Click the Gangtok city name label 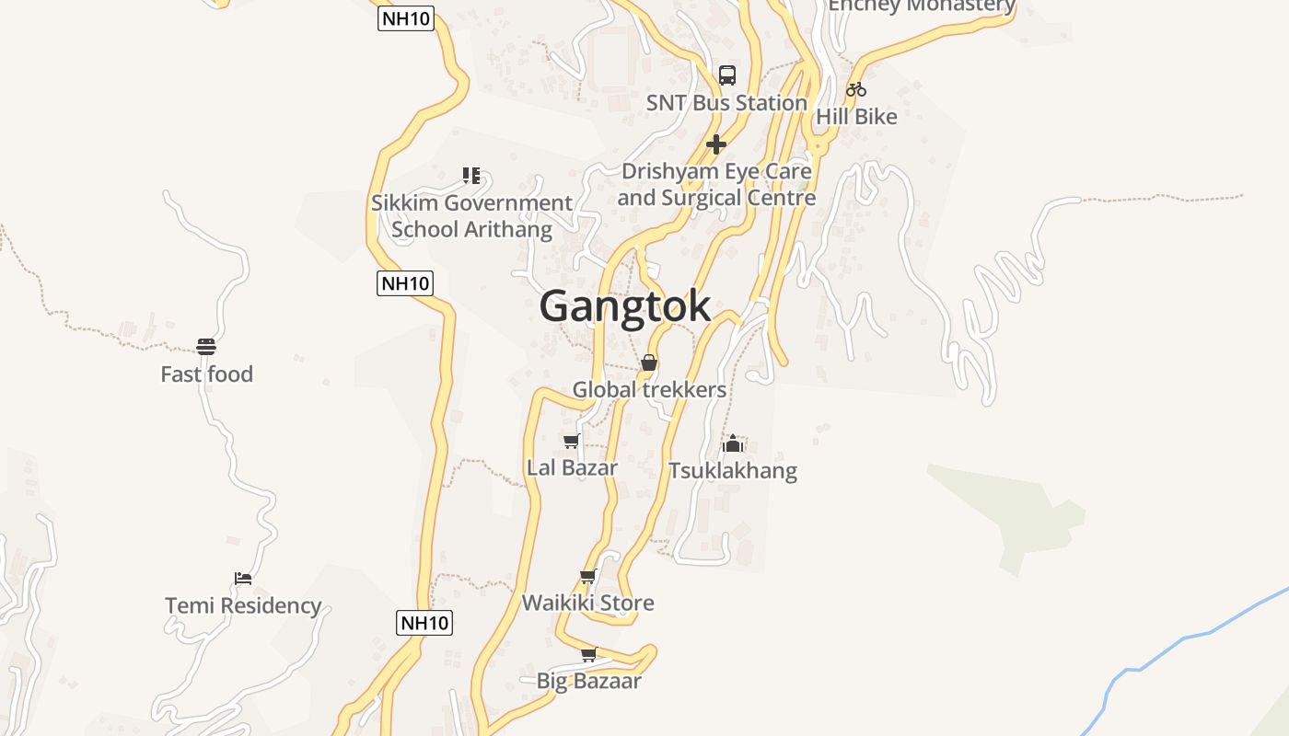tap(625, 306)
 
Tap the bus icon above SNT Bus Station tap(727, 75)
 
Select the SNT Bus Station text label tap(726, 103)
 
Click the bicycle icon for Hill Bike tap(856, 89)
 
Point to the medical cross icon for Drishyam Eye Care tap(716, 144)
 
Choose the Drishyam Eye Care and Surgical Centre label tap(716, 184)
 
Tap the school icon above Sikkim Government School tap(471, 175)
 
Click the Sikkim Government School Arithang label tap(471, 215)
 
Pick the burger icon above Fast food tap(206, 347)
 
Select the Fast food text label tap(206, 374)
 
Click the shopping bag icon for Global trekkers tap(649, 362)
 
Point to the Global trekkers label tap(649, 390)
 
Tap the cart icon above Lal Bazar tap(572, 442)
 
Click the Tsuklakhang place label tap(733, 471)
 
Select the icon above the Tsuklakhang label tap(733, 444)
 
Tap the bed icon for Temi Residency tap(243, 578)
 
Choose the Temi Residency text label tap(243, 605)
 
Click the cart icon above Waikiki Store tap(588, 577)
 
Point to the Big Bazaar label tap(588, 682)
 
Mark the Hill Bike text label tap(856, 117)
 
